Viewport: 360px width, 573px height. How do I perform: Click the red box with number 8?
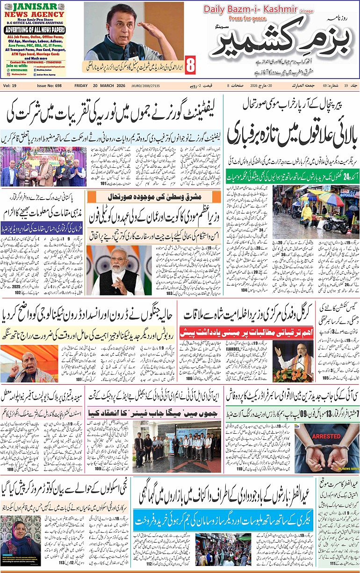click(191, 65)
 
